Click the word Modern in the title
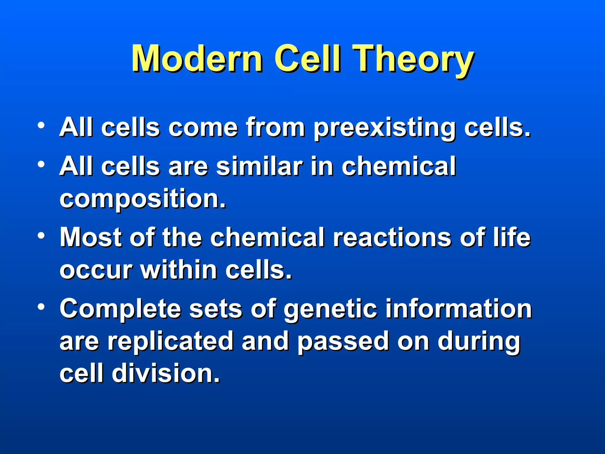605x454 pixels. [x=197, y=59]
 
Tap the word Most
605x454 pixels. [x=90, y=237]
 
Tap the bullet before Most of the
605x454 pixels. [x=41, y=236]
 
